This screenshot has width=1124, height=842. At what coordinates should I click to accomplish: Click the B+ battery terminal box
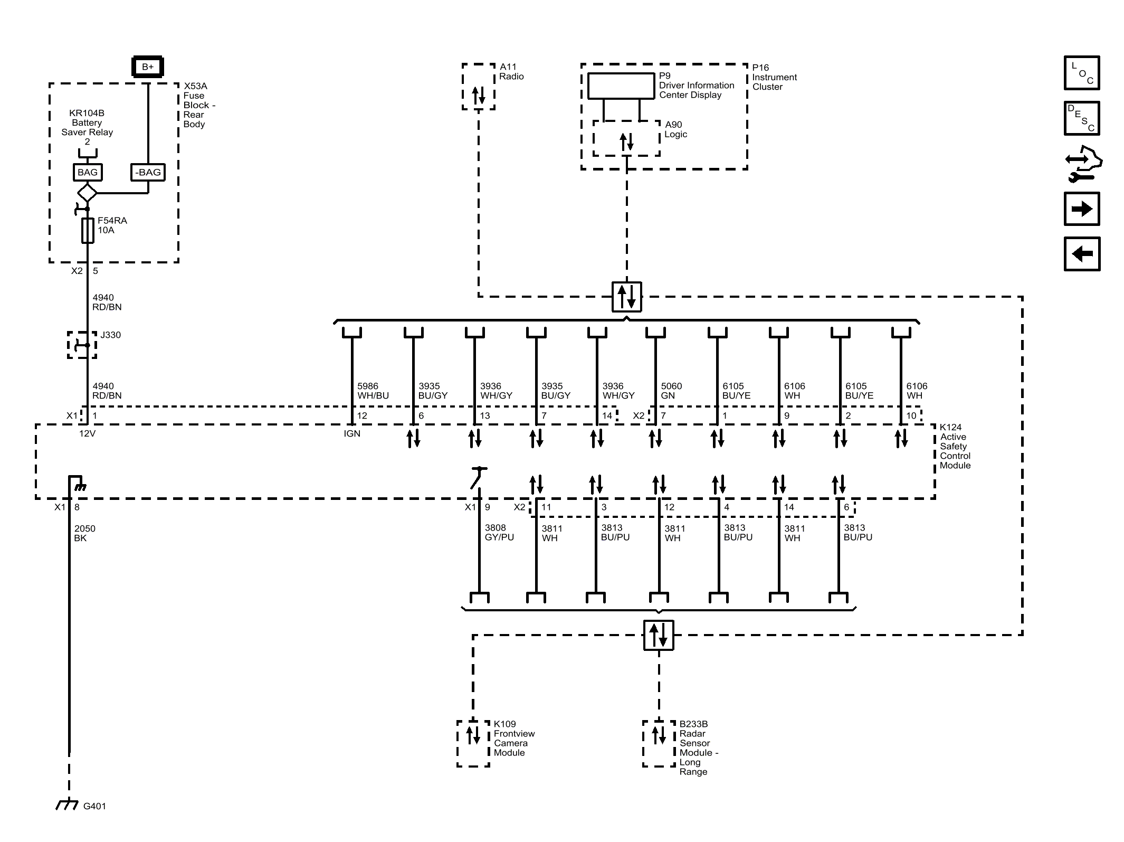coord(147,67)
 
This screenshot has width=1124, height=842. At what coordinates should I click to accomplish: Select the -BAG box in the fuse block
coord(148,172)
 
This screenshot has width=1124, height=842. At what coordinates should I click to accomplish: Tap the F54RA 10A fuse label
coord(112,225)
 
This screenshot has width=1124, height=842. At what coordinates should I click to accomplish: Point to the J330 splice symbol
coord(82,345)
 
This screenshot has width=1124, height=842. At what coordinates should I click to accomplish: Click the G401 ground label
coord(94,806)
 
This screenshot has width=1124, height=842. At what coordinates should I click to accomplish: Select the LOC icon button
coord(1081,73)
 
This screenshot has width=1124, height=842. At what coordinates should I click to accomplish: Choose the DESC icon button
coord(1081,118)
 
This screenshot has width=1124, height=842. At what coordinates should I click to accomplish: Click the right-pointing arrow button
coord(1081,209)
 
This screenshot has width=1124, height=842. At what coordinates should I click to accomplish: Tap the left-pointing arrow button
coord(1081,254)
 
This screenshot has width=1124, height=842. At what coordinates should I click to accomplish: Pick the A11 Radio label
coord(511,72)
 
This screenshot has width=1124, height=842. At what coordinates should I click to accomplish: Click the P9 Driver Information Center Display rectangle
coord(621,86)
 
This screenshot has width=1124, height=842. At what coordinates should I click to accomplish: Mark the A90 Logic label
coord(675,129)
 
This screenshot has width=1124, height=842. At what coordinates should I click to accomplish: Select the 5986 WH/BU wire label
coord(373,391)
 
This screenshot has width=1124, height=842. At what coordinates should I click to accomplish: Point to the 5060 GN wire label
coord(671,391)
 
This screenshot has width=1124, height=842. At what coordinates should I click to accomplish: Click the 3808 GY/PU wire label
coord(499,532)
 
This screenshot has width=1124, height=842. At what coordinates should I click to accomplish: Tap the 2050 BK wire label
coord(84,533)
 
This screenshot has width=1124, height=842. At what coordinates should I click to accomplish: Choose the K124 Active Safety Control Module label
coord(955,446)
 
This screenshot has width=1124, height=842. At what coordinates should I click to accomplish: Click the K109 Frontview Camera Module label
coord(513,738)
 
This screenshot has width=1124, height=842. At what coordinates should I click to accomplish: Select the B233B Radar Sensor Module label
coord(698,748)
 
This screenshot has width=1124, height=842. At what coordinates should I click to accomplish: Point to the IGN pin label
coord(352,433)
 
